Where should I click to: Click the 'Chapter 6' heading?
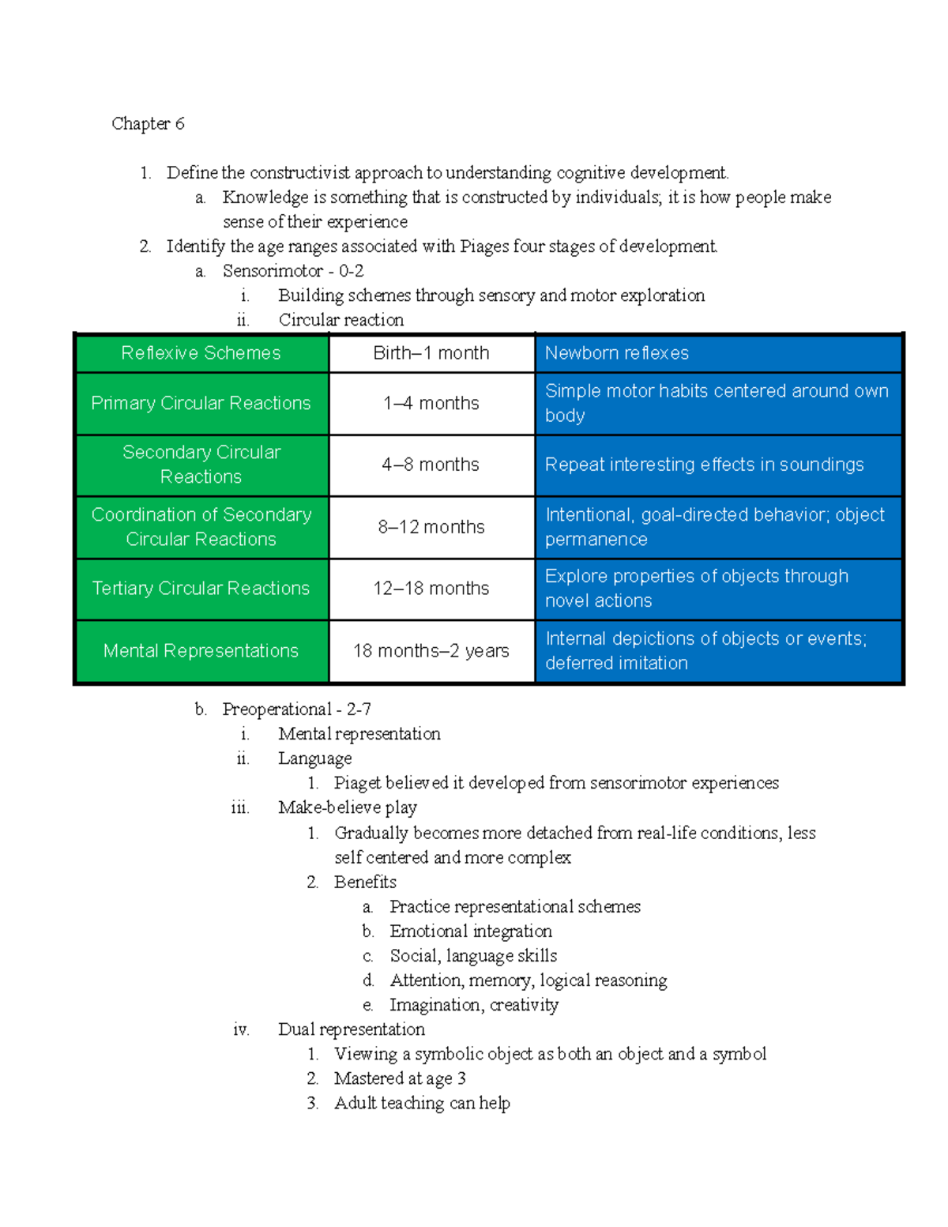[x=148, y=124]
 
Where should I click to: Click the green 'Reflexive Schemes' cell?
[x=201, y=353]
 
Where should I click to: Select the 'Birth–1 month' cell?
[x=431, y=353]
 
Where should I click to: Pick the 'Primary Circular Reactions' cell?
[x=201, y=403]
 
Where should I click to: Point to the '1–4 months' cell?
[x=431, y=403]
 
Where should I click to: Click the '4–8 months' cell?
[x=431, y=465]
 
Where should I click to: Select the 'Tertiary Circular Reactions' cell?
[x=201, y=589]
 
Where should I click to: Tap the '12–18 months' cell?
[x=431, y=589]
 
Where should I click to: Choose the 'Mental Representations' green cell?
[x=201, y=651]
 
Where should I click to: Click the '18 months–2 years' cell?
[x=431, y=651]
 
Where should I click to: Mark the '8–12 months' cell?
[x=431, y=527]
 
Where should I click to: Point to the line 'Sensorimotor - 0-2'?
[x=293, y=271]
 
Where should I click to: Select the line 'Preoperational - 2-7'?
[x=296, y=709]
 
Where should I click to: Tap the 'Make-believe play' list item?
[x=348, y=807]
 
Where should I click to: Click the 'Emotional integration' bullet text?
[x=471, y=932]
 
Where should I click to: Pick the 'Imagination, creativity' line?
[x=474, y=1005]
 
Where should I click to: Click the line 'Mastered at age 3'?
[x=400, y=1078]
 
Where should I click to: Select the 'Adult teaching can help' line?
[x=422, y=1103]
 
